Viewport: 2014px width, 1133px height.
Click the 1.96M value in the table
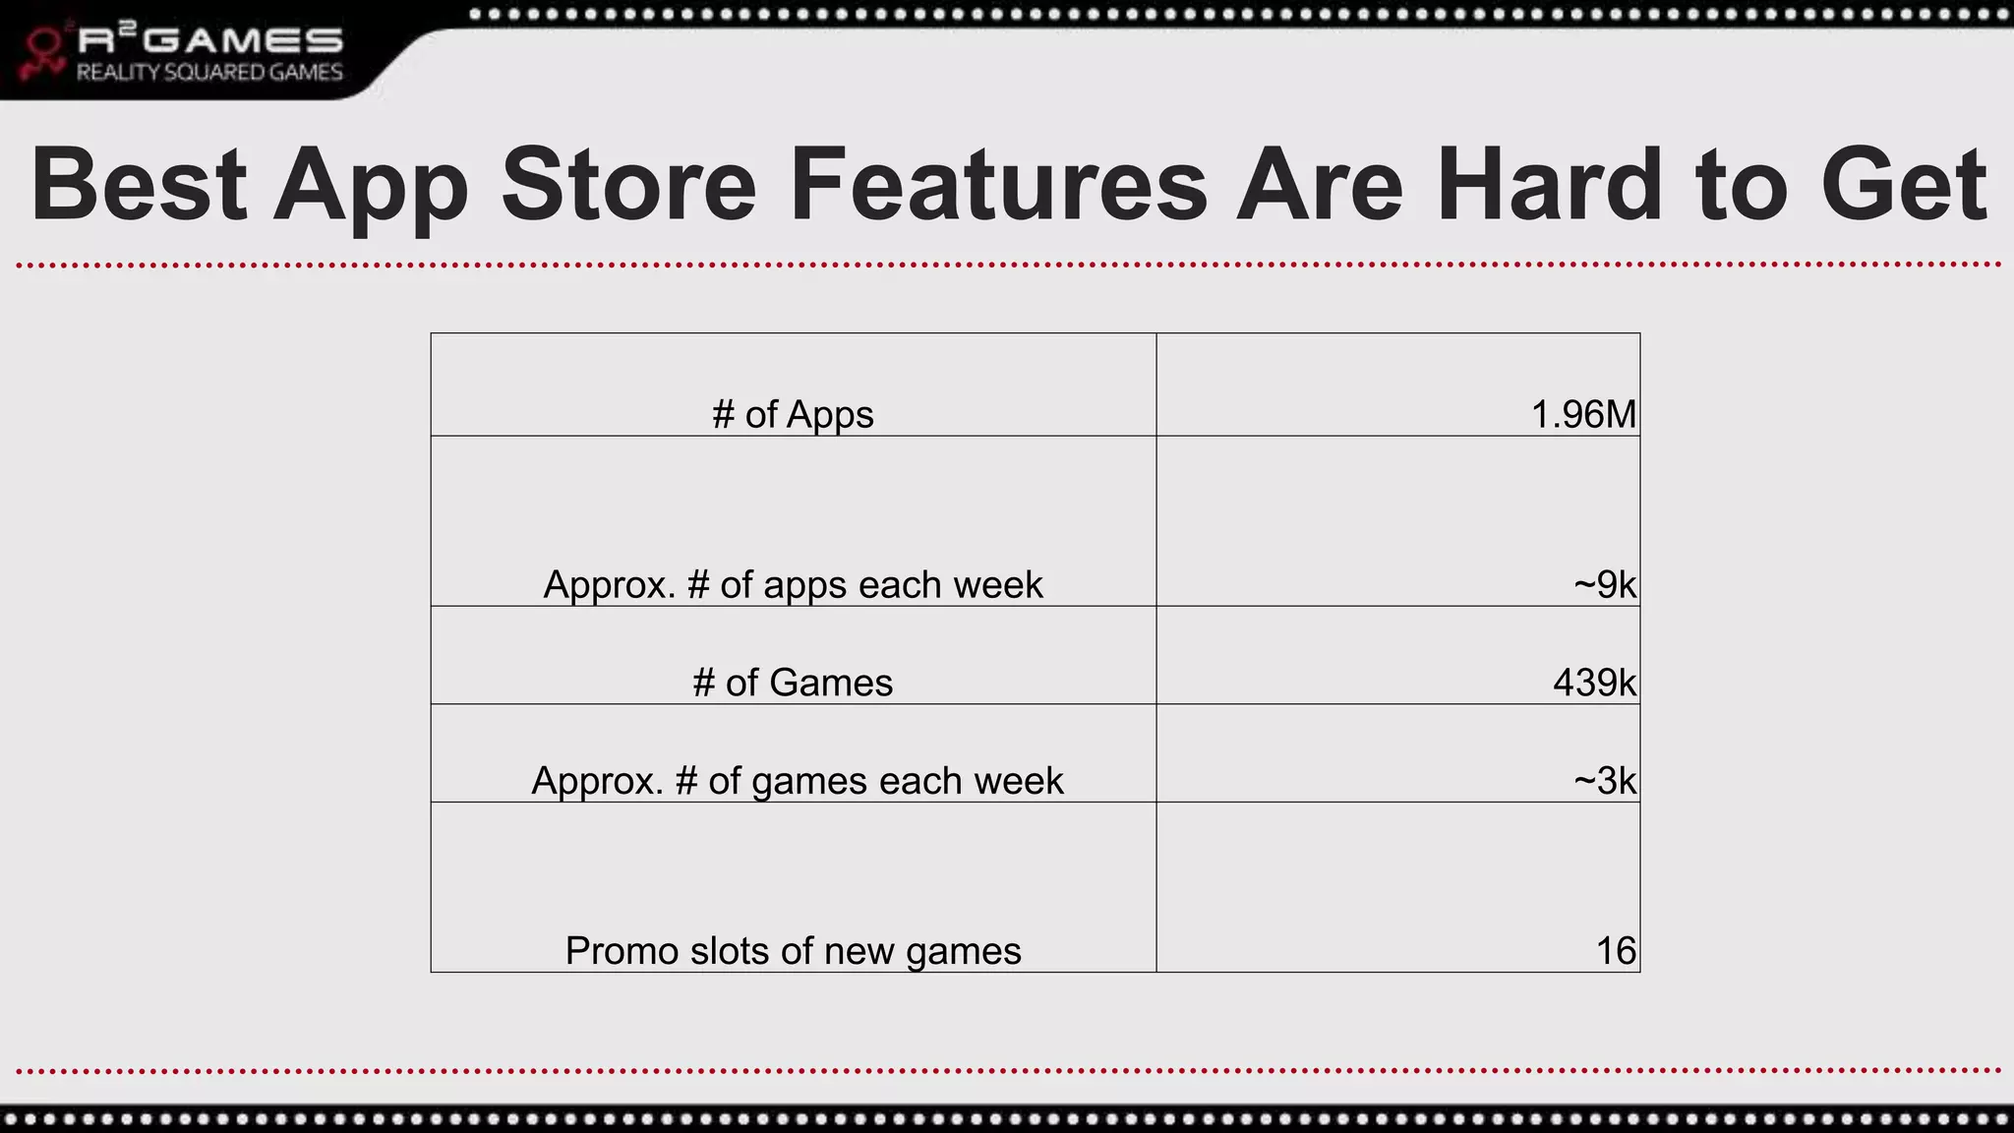1583,414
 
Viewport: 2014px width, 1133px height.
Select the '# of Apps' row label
793,414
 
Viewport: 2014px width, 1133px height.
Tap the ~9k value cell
1604,584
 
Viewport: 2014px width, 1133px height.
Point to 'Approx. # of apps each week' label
793,584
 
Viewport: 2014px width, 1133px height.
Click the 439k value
1594,683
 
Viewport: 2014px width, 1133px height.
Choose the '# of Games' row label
793,683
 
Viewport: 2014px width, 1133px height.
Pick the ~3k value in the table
1604,781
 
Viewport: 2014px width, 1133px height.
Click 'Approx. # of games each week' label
797,781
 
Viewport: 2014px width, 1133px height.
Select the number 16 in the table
1616,951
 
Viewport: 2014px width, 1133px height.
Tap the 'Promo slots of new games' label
793,951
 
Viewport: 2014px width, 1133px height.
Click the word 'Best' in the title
138,184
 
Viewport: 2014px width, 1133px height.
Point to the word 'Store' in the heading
628,184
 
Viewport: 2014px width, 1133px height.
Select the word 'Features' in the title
997,184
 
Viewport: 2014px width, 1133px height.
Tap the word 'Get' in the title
1904,184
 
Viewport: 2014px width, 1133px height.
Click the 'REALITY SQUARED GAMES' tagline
209,73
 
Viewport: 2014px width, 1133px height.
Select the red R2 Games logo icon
43,53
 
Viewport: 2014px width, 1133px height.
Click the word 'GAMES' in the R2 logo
250,40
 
